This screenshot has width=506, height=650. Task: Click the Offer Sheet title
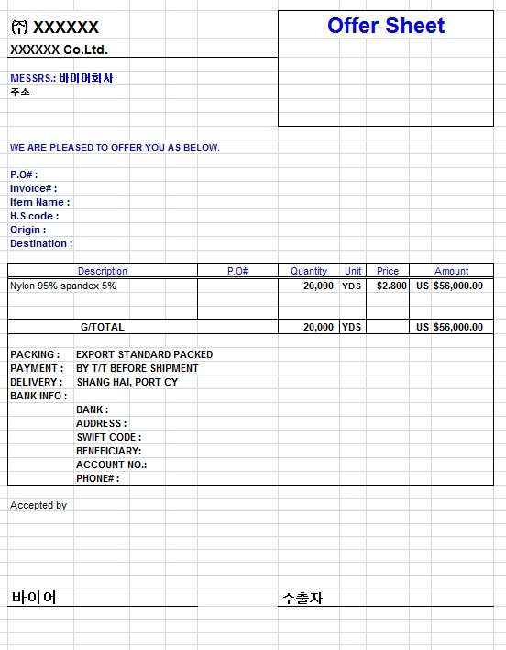click(x=386, y=26)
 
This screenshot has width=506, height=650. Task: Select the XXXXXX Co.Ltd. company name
click(x=59, y=50)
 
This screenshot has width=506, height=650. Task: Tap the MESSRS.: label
click(x=33, y=79)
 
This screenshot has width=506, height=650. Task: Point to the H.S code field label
click(x=34, y=216)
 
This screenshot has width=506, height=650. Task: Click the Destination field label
click(x=41, y=243)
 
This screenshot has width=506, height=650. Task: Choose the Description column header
click(x=103, y=271)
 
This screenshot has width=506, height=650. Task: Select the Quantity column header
click(x=309, y=271)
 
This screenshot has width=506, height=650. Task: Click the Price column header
click(x=388, y=271)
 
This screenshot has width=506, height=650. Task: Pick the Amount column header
click(x=451, y=271)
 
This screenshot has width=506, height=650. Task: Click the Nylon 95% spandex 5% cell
click(x=63, y=286)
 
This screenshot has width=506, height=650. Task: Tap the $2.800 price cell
click(x=391, y=286)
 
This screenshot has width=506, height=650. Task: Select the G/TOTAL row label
click(x=103, y=327)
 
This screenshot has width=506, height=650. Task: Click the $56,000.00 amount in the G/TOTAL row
click(x=457, y=327)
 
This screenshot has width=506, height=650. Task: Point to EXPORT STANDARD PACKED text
click(x=144, y=354)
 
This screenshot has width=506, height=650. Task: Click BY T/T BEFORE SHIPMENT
click(x=137, y=368)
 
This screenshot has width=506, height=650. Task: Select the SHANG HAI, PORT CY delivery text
click(x=127, y=382)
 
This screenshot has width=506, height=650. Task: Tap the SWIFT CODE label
click(x=109, y=437)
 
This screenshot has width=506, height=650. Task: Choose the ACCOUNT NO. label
click(x=112, y=465)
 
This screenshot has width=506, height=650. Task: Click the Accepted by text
click(x=38, y=505)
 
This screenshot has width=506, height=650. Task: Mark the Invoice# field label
click(x=34, y=188)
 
